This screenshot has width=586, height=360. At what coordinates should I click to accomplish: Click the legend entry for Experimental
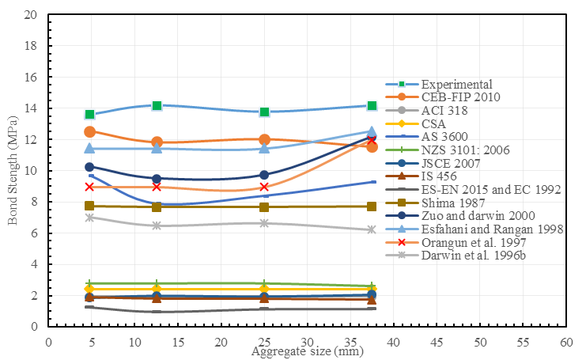tap(456, 85)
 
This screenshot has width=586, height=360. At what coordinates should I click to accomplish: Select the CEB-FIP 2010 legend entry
tap(459, 97)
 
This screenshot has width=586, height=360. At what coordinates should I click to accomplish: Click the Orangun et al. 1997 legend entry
tap(466, 242)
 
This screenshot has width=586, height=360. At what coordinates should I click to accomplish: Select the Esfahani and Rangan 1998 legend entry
tap(481, 229)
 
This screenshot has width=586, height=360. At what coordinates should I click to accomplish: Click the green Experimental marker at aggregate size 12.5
tap(157, 105)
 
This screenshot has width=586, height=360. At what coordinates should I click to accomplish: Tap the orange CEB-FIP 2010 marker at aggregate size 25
tap(264, 139)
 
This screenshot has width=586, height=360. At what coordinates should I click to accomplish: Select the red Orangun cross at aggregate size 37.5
tap(372, 140)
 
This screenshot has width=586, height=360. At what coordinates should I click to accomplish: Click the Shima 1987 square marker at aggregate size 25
tap(264, 207)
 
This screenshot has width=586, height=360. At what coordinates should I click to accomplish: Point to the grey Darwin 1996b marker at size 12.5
tap(157, 225)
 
